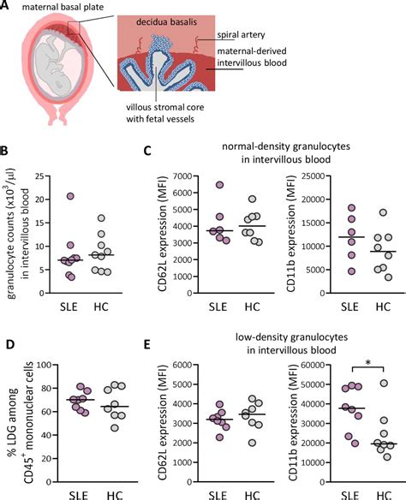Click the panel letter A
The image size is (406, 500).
[7, 9]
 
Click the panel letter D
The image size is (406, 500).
[7, 345]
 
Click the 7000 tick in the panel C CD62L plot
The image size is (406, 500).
[164, 176]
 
